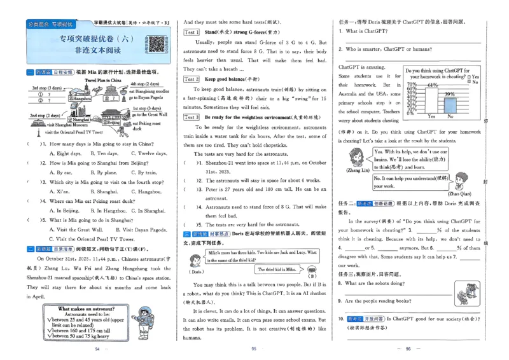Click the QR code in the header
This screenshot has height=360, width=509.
coord(155,45)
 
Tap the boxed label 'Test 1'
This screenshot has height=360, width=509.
coord(192,32)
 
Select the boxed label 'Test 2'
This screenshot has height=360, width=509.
coord(192,79)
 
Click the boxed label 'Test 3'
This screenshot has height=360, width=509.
coord(192,117)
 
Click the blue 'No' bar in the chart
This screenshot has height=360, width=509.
coord(450,104)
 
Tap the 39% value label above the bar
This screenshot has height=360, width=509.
coord(450,93)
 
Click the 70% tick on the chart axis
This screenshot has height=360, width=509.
coord(412,84)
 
